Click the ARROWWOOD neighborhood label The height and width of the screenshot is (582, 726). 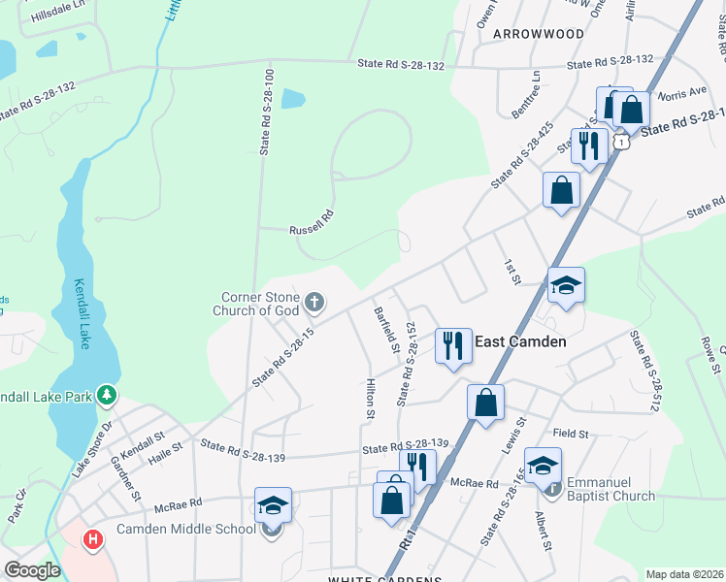pos(539,34)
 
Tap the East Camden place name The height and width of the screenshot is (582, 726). pos(520,341)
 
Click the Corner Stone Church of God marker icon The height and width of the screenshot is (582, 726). pos(313,304)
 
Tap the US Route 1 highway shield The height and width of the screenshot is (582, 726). pos(622,142)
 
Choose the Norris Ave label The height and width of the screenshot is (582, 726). pos(682,93)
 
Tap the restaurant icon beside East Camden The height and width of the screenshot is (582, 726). pos(452,345)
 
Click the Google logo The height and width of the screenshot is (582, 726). pos(32,569)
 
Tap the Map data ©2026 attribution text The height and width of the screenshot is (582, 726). pos(683,574)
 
